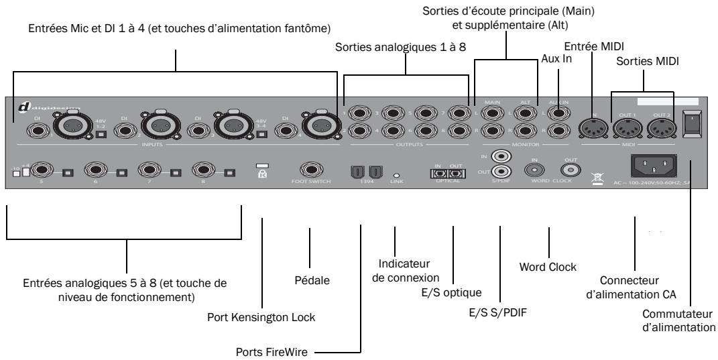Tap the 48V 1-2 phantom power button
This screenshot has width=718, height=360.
pyautogui.click(x=99, y=134)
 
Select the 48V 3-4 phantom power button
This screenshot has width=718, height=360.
pyautogui.click(x=263, y=134)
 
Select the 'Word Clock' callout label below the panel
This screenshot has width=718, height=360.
pyautogui.click(x=548, y=267)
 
